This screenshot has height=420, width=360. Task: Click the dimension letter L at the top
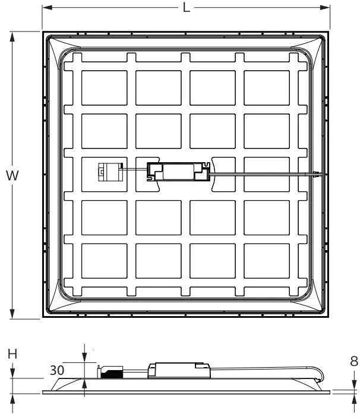tap(187, 8)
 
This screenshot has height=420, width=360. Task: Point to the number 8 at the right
tap(353, 361)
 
